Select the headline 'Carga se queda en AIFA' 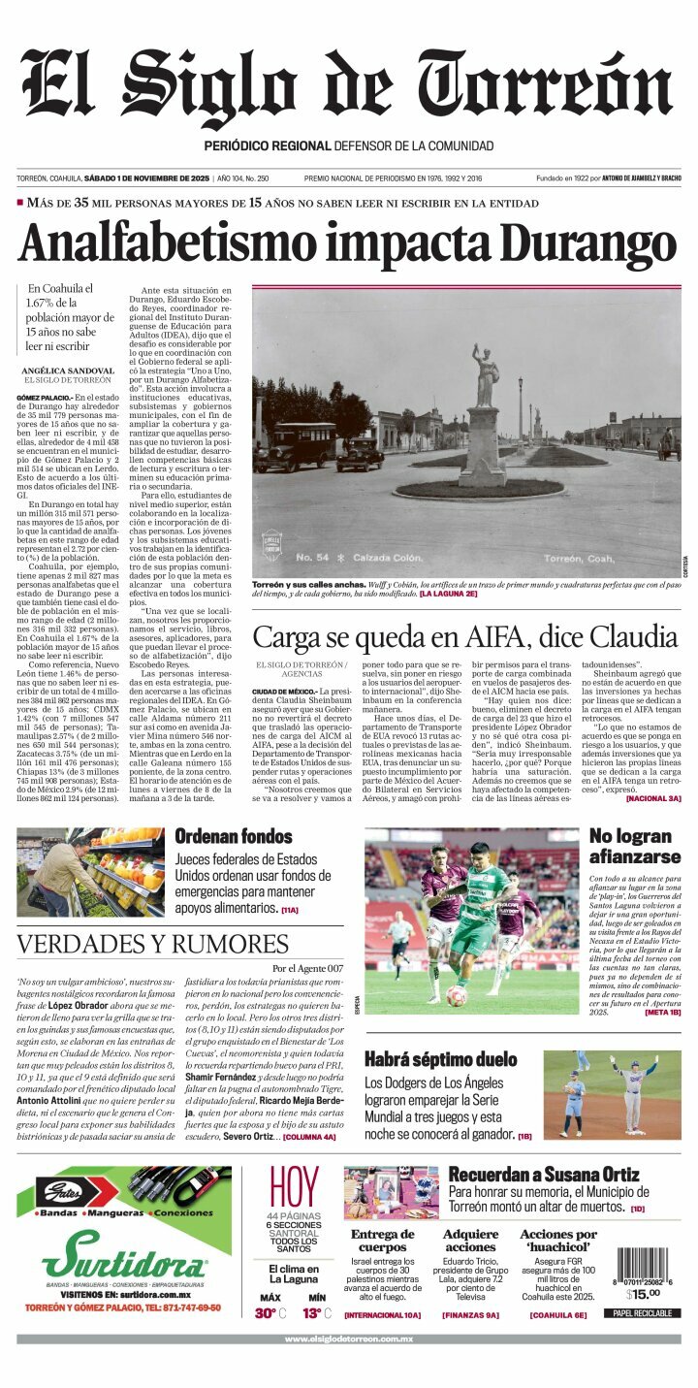coord(464,637)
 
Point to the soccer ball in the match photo coord(457,996)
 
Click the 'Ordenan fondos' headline coord(233,836)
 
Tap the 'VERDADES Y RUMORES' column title coord(152,945)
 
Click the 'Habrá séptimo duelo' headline coord(440,1060)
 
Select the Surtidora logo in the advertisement coord(123,1263)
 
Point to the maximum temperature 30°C coord(270,1313)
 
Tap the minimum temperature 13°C coord(316,1313)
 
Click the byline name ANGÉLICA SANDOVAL coord(68,371)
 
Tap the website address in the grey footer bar coord(348,1340)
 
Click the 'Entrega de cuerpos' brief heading coord(382,1241)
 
